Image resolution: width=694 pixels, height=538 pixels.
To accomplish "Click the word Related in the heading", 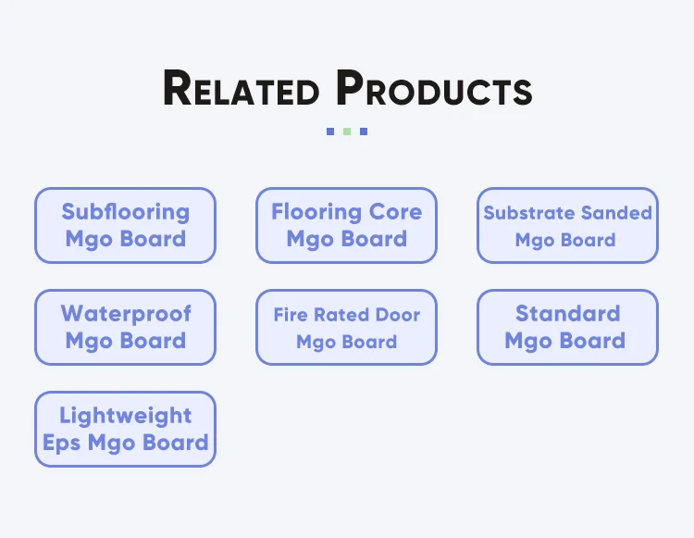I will pos(241,90).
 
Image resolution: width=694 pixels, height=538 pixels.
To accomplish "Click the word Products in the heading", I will pos(434,90).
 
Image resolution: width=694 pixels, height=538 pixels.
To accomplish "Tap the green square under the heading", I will pos(347,131).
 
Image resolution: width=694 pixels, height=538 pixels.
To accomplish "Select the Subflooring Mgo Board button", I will pos(125,226).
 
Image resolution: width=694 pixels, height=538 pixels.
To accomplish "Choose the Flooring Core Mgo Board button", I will pos(346,226).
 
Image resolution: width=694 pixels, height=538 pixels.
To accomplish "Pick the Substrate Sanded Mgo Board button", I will pos(567,226).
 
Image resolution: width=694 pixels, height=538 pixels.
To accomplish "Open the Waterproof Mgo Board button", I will pos(125,327).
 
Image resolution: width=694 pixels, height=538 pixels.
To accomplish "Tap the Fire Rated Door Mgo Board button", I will pos(346,327).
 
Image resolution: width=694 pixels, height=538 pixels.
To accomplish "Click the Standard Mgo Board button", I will pos(567,327).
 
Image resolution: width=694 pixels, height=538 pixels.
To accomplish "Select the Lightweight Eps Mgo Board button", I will pos(125,429).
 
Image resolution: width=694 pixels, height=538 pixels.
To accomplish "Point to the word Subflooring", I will pos(125,212).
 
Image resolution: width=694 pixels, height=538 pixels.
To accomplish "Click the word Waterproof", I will pos(125,314).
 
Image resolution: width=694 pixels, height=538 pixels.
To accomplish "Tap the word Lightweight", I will pos(125,416).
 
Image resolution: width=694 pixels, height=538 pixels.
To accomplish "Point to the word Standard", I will pos(567,314).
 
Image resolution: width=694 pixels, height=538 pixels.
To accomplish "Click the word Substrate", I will pos(527,213).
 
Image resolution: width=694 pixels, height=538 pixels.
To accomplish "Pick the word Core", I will pos(395,212).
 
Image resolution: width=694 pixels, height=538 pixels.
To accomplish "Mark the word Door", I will pos(397,315).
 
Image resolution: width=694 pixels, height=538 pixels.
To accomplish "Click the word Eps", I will pos(61,443).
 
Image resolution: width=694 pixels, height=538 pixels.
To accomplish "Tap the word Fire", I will pos(290,315).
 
